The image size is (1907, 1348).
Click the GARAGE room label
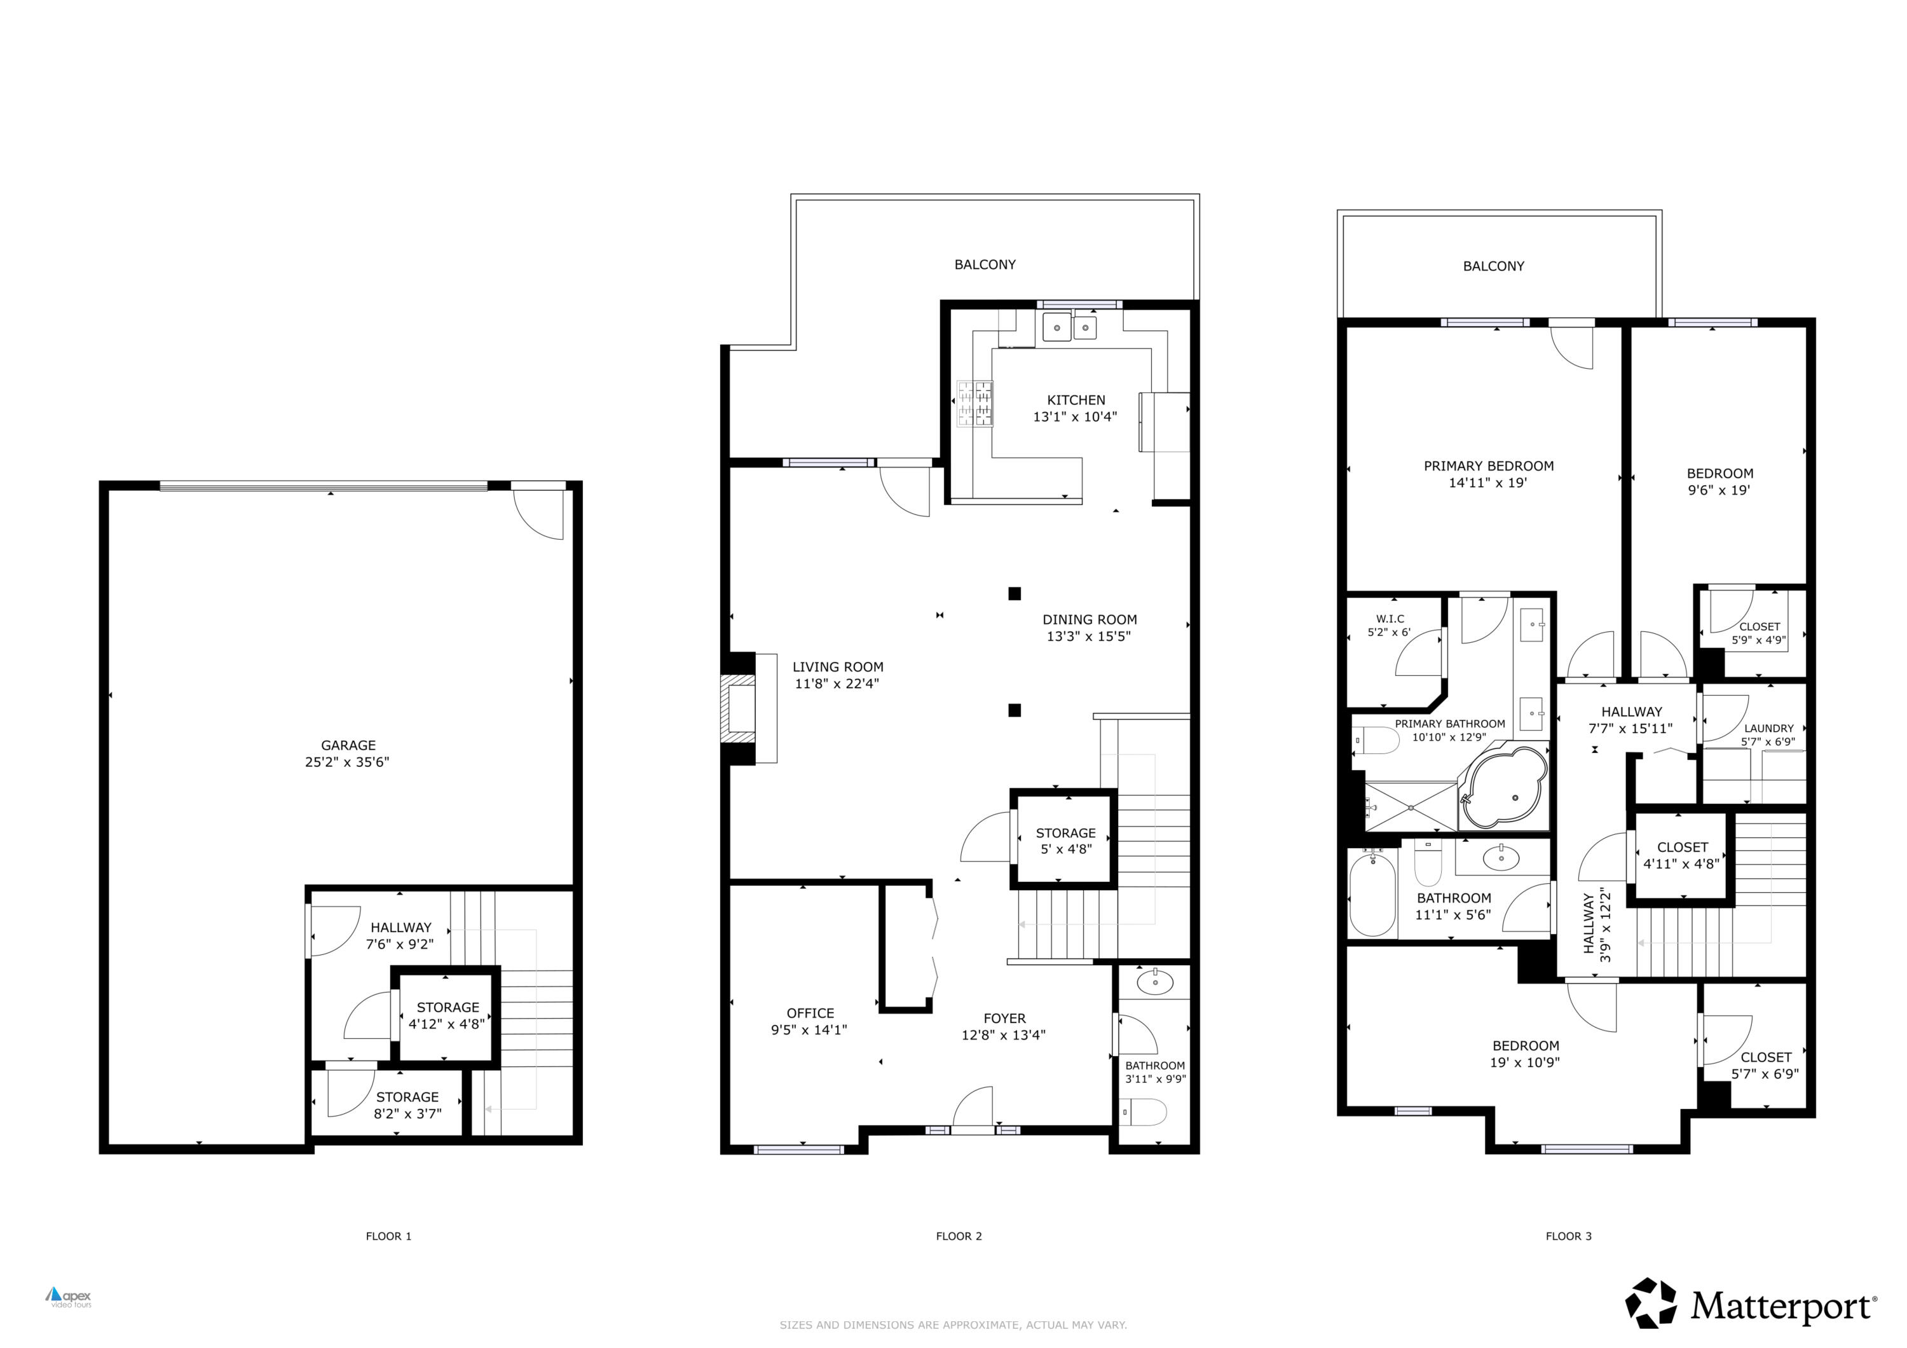point(348,745)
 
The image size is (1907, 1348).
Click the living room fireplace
point(739,708)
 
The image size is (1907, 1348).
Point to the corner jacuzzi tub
point(1504,787)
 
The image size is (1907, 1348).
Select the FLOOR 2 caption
point(959,1236)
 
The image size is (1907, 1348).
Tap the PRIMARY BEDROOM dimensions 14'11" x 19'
point(1487,483)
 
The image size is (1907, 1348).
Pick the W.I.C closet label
point(1390,619)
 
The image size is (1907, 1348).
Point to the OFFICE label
point(810,1014)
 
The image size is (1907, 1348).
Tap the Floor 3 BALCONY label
point(1493,266)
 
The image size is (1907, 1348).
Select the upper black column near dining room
point(1014,594)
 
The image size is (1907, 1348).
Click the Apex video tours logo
point(69,1296)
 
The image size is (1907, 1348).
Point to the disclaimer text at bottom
point(953,1324)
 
